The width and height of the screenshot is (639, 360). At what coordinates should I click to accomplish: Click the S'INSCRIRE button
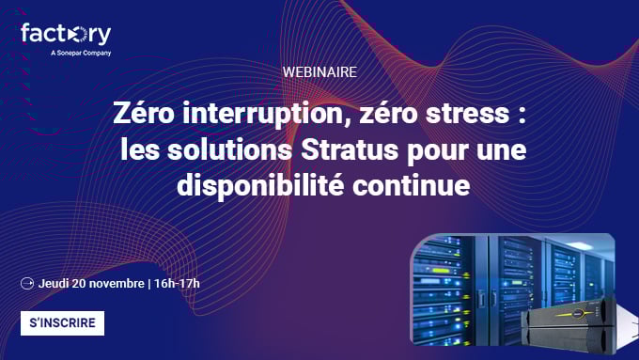click(x=62, y=322)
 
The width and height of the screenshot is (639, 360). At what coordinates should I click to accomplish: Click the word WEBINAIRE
click(x=319, y=71)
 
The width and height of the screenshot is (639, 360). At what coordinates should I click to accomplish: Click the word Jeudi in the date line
click(x=55, y=283)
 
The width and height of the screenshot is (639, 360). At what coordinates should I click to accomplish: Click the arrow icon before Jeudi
click(x=26, y=283)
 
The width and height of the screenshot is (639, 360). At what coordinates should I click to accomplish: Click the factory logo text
click(x=65, y=34)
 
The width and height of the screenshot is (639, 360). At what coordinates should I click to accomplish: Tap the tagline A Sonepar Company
click(x=81, y=54)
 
